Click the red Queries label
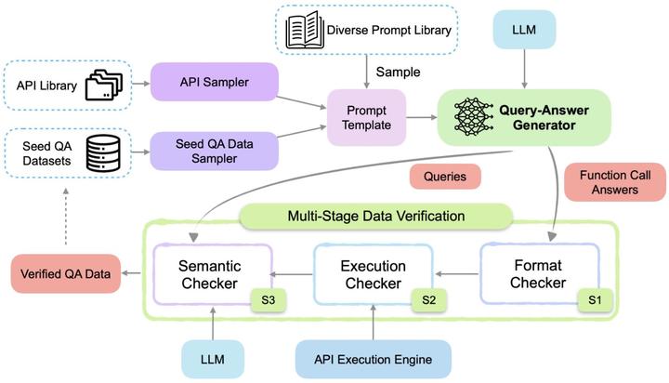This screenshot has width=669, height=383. [444, 177]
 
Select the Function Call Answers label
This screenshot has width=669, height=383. [608, 182]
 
